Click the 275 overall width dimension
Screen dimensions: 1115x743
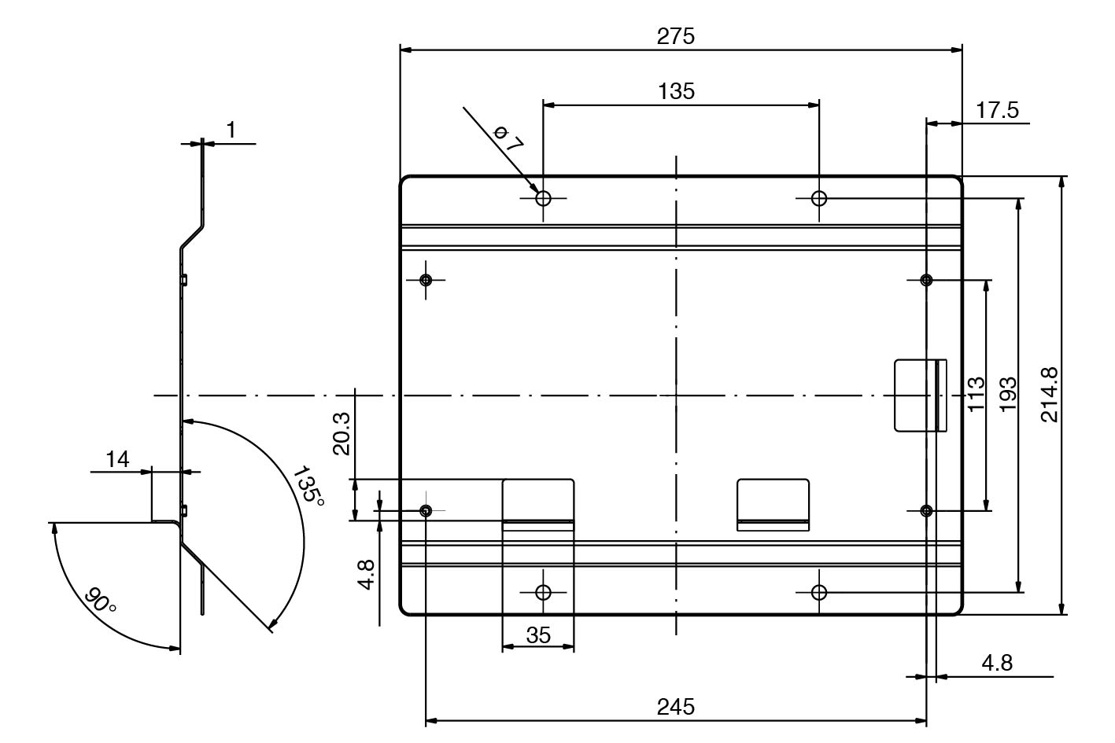675,36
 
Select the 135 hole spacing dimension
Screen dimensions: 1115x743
676,91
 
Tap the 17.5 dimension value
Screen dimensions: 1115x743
997,110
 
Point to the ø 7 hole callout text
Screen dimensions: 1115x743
508,138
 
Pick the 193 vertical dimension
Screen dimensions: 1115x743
1009,395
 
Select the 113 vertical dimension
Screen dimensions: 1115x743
977,394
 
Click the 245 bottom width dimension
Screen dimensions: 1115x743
675,707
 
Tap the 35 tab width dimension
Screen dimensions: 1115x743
538,635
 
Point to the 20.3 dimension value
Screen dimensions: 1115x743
342,434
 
